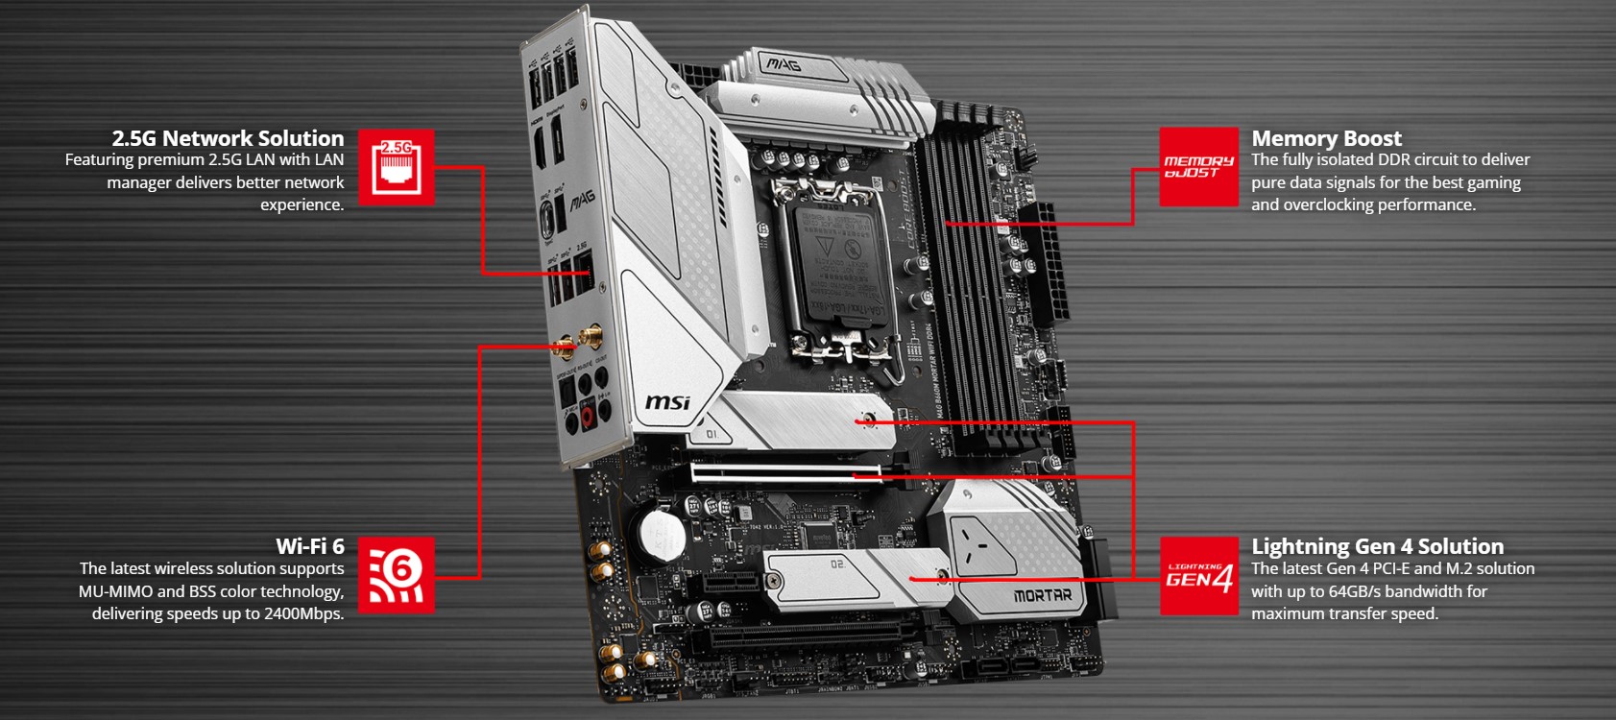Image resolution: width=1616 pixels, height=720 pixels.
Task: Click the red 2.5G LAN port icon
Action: click(x=396, y=167)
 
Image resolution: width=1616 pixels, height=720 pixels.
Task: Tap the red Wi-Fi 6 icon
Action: click(x=396, y=575)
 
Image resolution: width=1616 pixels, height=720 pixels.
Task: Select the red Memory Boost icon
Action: click(x=1198, y=167)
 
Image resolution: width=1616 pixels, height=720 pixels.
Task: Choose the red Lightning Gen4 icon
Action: click(x=1198, y=576)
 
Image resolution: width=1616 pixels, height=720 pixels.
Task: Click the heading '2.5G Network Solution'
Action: click(x=228, y=138)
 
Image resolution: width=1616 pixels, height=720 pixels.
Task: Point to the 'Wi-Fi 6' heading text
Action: click(x=309, y=546)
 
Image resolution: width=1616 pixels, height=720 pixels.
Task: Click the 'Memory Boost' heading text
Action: click(x=1326, y=138)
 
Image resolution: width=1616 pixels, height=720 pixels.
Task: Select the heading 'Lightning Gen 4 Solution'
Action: click(x=1377, y=546)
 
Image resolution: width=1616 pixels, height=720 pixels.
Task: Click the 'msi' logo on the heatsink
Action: click(x=666, y=401)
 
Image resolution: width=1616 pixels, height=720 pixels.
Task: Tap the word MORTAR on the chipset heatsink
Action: click(x=1042, y=595)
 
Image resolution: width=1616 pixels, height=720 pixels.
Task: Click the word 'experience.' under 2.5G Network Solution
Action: click(x=301, y=204)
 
